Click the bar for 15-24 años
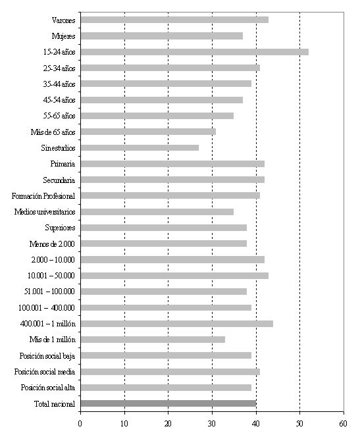tap(195, 52)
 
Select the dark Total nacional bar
tap(168, 403)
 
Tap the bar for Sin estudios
tap(140, 147)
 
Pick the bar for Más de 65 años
tap(148, 132)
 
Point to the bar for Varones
tap(174, 20)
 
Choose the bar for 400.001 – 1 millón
tap(177, 324)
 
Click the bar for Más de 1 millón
tap(153, 340)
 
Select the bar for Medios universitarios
tap(157, 212)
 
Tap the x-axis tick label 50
tap(300, 424)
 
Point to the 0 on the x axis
tap(80, 424)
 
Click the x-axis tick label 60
tap(344, 424)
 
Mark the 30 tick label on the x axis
tap(212, 424)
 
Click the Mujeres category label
tap(63, 36)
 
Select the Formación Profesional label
tap(43, 196)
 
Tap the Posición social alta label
tap(47, 388)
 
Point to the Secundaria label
tap(59, 180)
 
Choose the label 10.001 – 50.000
tap(51, 276)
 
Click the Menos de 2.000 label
tap(52, 244)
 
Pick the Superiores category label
tap(60, 228)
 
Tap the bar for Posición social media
tap(170, 371)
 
